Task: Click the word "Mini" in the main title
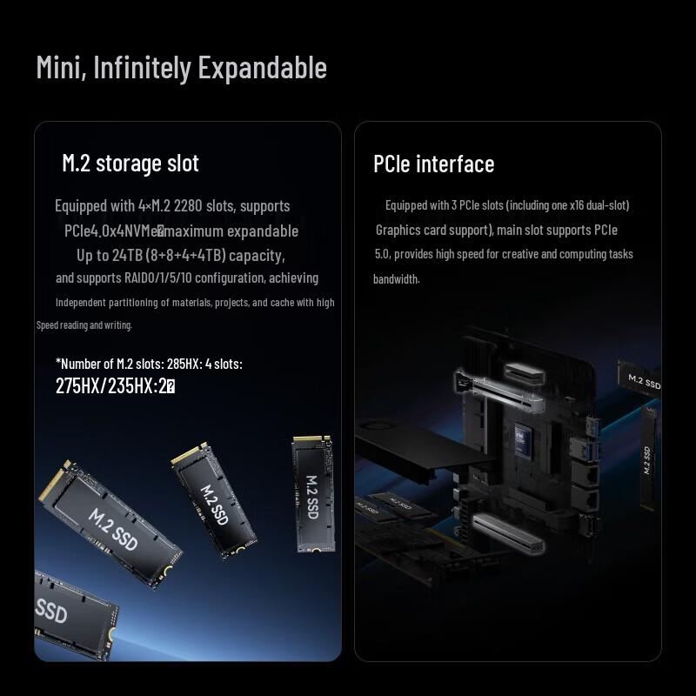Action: (x=56, y=68)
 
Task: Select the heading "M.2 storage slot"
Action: (x=130, y=163)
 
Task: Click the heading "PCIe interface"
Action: (x=433, y=164)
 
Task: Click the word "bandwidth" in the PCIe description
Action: (x=396, y=279)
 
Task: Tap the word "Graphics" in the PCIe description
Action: (x=401, y=231)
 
